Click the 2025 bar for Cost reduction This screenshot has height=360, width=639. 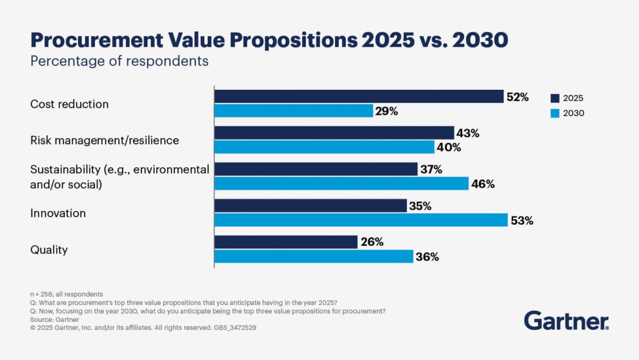359,97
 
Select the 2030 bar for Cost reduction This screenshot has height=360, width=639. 293,111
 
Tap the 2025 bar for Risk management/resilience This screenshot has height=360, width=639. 334,133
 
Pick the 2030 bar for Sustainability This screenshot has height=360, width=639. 341,183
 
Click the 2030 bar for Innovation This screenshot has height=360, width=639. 361,220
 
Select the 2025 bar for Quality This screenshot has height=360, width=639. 286,242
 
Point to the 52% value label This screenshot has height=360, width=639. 518,97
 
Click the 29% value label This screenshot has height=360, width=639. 387,111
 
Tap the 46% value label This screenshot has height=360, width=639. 483,183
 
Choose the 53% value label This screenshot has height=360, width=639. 522,220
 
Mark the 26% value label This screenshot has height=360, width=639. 371,242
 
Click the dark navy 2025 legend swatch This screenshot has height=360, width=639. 555,98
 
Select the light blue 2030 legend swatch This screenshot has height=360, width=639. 555,113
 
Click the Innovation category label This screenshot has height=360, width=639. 58,213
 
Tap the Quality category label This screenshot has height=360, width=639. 49,250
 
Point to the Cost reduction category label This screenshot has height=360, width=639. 69,104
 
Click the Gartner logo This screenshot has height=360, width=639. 566,320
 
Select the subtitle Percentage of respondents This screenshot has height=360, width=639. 119,62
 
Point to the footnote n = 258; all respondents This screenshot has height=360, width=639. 67,293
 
